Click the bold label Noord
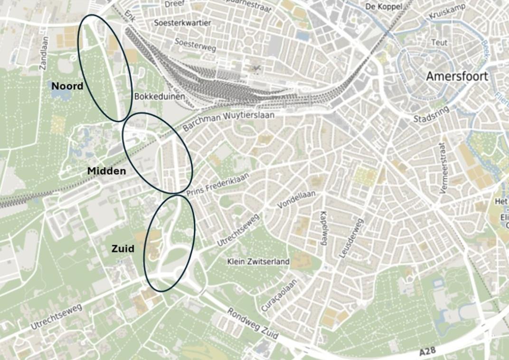pos(67,86)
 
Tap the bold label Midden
pos(106,171)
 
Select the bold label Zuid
pos(123,248)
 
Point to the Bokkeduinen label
pos(159,96)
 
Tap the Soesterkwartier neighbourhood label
pos(182,23)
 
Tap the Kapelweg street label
pos(324,228)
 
